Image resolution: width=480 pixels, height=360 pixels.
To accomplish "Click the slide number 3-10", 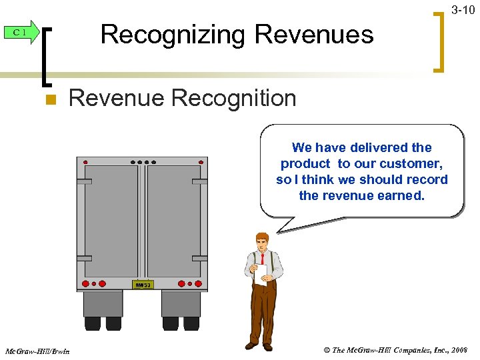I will click(x=463, y=10).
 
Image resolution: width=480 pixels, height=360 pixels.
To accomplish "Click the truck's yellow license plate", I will click(x=143, y=285).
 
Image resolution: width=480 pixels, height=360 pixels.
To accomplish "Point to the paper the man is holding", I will click(x=261, y=273).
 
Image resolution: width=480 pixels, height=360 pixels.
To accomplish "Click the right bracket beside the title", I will click(x=439, y=40).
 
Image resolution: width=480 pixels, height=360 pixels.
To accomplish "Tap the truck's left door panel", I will click(x=111, y=220).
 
